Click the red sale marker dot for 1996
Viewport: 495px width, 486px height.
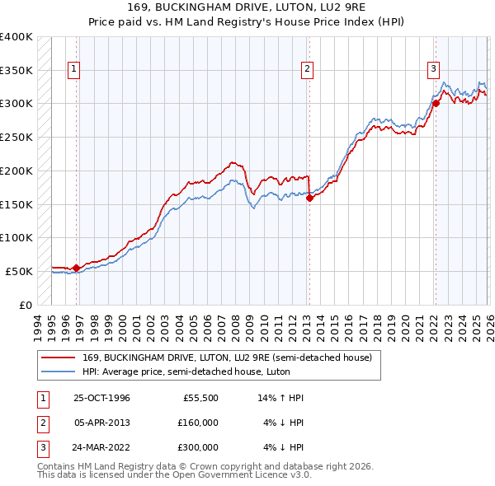(x=77, y=267)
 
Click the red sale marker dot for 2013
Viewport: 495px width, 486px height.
(x=309, y=198)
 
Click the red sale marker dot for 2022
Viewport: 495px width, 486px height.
(x=435, y=104)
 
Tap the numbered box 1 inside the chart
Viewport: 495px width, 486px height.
(x=74, y=70)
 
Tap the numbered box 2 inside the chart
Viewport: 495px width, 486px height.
(x=307, y=70)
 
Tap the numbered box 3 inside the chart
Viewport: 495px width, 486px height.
(x=433, y=70)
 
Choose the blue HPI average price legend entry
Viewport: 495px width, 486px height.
(x=206, y=372)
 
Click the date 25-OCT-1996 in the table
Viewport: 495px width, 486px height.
(x=101, y=398)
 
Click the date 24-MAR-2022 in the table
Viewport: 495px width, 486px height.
(x=101, y=447)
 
